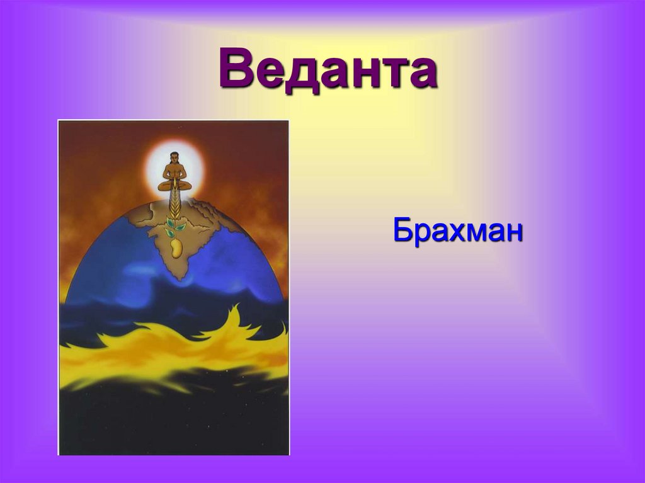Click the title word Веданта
[x=328, y=71]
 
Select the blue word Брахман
[x=458, y=230]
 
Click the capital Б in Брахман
[x=403, y=230]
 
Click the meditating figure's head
[x=174, y=157]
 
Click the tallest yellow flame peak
[x=238, y=310]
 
